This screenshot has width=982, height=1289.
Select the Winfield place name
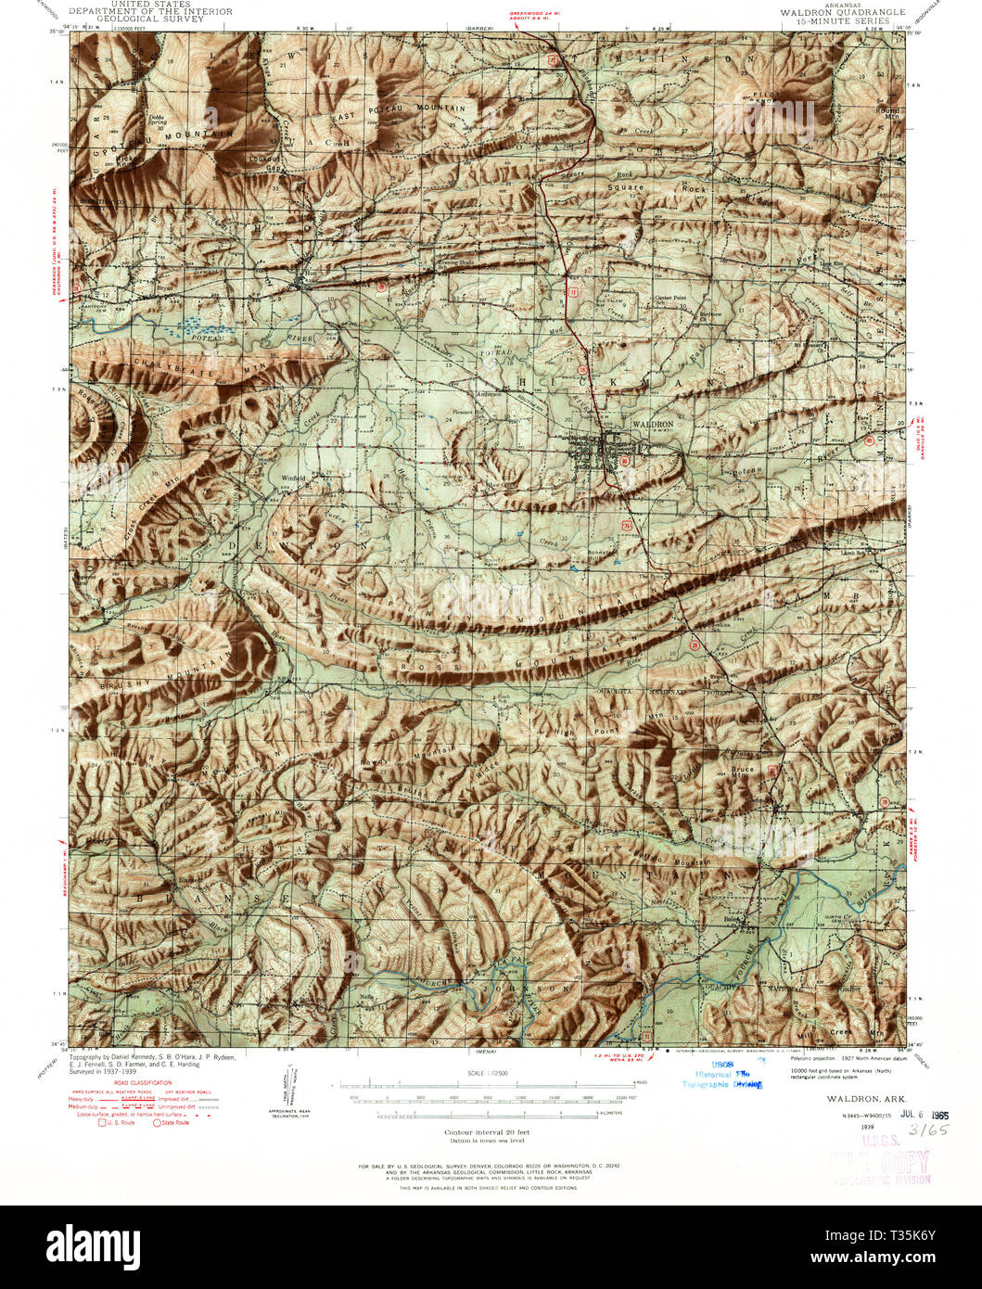[x=293, y=479]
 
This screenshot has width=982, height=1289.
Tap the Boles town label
[x=733, y=918]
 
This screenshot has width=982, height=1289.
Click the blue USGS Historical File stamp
[x=721, y=1074]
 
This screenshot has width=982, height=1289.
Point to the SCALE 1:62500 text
[x=485, y=1073]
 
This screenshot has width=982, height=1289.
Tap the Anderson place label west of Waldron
[x=489, y=393]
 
